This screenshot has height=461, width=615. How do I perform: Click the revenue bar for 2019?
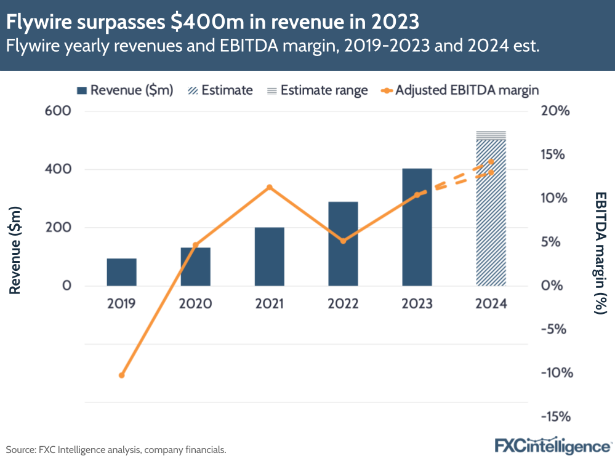[121, 272]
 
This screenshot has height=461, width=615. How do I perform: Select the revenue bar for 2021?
[269, 257]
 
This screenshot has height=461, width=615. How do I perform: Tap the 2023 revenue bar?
[417, 227]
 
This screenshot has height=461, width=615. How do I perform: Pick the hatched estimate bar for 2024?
[491, 215]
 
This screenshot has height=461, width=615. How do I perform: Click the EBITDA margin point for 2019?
[121, 375]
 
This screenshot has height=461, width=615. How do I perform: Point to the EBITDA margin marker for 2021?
[269, 187]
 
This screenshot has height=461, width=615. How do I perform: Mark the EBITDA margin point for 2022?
[343, 241]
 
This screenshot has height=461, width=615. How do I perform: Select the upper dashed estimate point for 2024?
[491, 161]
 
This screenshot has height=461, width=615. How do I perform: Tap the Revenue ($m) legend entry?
[125, 90]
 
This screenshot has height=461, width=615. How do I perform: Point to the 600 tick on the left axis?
[58, 111]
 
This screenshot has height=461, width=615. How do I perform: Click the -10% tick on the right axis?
[558, 373]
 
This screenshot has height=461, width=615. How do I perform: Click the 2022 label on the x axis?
[343, 303]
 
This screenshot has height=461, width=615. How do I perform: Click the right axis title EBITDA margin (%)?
[600, 252]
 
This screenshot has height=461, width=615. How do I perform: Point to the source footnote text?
[116, 450]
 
